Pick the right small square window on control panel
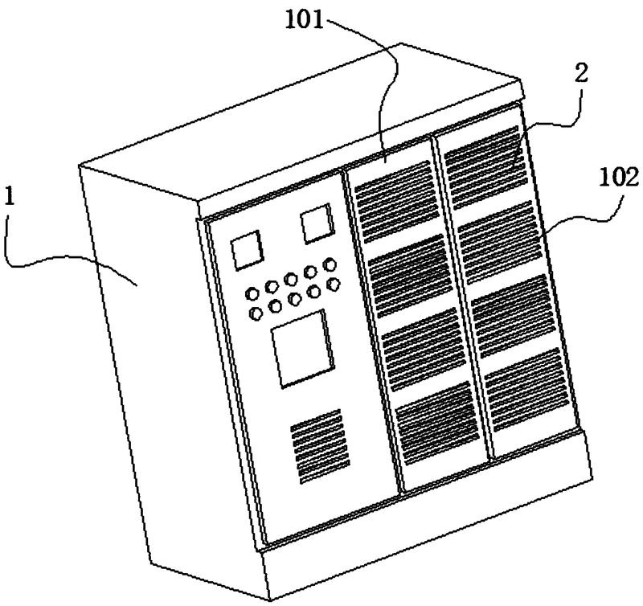coord(317,224)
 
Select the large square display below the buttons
coord(301,348)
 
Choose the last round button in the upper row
coord(329,264)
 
